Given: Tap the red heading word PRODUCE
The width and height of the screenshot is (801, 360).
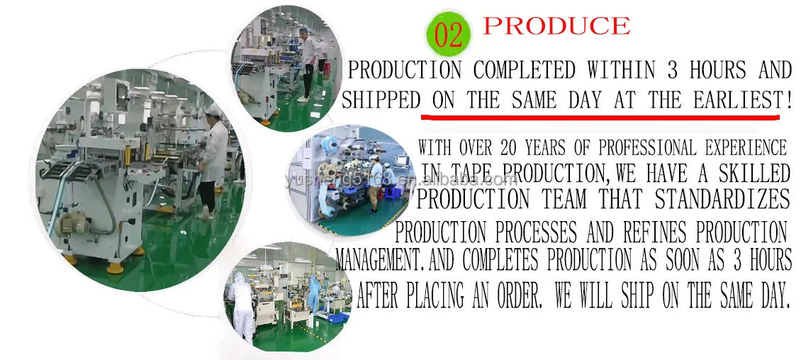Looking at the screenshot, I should coord(556,26).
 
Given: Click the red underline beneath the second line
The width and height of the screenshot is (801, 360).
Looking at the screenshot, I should coord(606,116).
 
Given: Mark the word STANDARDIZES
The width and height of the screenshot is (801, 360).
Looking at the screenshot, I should coord(722,199).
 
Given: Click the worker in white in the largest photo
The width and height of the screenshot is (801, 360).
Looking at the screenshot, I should coord(212,156).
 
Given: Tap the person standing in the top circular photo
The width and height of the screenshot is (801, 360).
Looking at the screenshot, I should coord(306,64).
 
